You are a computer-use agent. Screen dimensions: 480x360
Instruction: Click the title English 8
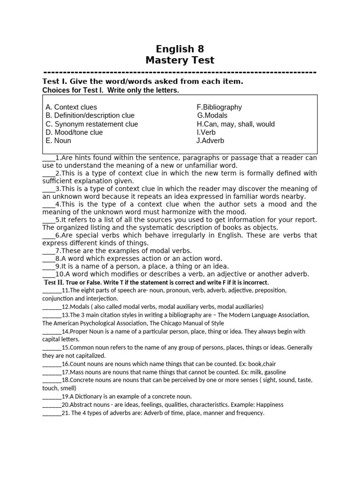pos(180,49)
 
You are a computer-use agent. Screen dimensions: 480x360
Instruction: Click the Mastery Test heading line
pos(180,60)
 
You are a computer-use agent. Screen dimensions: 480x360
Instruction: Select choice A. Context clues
pos(71,107)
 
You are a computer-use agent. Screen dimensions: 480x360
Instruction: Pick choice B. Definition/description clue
pos(90,116)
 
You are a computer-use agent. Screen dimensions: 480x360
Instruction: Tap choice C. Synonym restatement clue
pos(92,124)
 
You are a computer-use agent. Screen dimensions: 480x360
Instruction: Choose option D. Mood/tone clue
pos(74,133)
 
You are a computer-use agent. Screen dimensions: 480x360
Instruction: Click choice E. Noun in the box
pos(59,141)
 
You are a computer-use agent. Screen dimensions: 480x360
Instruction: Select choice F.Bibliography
pos(219,107)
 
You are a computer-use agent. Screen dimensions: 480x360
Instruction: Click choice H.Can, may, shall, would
pos(235,124)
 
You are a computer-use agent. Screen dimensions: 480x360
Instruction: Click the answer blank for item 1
pos(48,158)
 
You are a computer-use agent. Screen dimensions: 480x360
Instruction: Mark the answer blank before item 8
pos(48,259)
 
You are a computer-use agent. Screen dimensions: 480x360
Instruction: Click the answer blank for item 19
pos(52,396)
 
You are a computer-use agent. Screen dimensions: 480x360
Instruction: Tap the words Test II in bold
pos(53,283)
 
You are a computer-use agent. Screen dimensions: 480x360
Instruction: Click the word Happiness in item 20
pos(267,405)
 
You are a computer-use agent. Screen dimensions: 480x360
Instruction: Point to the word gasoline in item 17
pos(271,372)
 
